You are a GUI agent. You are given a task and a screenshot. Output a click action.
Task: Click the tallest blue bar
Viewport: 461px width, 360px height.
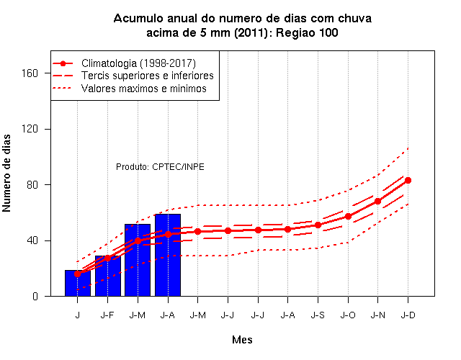pos(168,255)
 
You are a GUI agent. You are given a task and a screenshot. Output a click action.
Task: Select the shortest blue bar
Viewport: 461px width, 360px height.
pos(78,283)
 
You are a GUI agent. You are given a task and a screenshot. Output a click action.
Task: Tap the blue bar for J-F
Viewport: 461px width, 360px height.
pos(108,276)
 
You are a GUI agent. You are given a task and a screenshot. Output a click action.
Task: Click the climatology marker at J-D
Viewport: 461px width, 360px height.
pos(408,180)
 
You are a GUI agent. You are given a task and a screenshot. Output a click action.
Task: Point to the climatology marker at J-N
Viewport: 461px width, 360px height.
pos(377,202)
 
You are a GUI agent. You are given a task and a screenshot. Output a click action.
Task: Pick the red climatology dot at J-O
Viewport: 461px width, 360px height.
pos(348,216)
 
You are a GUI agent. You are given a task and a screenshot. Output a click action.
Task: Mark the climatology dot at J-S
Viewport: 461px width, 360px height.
pos(318,225)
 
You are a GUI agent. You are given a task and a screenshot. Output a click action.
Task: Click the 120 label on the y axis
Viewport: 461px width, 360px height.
pos(30,129)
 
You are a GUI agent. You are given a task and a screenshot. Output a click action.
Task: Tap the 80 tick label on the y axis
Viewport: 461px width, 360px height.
pos(32,184)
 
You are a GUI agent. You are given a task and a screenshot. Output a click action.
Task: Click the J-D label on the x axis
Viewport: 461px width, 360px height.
pos(408,315)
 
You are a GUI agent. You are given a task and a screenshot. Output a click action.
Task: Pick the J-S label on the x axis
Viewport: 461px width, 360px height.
pos(318,315)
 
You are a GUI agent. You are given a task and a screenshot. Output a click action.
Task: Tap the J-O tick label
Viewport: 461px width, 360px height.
pos(348,315)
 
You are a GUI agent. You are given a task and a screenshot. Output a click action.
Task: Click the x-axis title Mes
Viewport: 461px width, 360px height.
pos(242,340)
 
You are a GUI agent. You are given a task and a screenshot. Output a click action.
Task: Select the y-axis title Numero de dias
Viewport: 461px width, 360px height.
pos(6,174)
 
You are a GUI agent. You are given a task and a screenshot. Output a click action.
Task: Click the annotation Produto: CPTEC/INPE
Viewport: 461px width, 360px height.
pos(160,167)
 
